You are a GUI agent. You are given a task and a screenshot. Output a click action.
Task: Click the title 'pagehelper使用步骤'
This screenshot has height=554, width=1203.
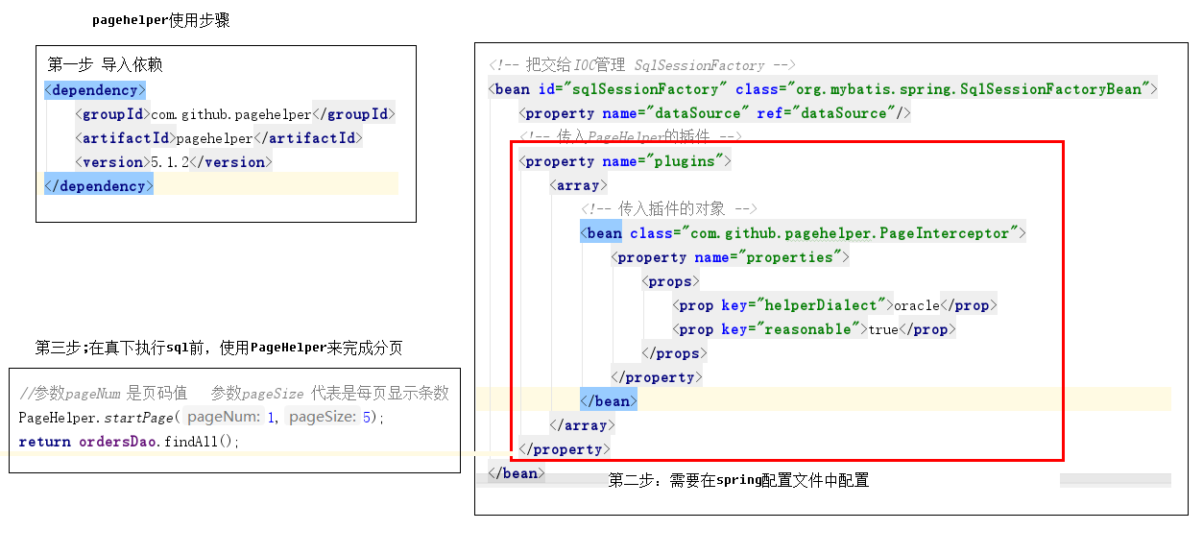click(161, 20)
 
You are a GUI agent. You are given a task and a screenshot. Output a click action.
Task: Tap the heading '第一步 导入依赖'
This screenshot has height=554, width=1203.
click(105, 64)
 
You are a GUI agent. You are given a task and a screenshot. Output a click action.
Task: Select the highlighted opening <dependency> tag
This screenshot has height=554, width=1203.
click(95, 89)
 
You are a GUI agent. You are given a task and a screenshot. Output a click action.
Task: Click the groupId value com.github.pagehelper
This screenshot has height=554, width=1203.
click(231, 114)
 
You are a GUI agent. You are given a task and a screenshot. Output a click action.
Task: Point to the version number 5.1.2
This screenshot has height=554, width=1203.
click(170, 162)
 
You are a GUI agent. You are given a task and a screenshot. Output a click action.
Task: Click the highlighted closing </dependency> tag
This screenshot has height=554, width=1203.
click(99, 185)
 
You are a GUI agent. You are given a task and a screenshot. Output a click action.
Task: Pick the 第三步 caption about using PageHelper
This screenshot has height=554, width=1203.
click(219, 348)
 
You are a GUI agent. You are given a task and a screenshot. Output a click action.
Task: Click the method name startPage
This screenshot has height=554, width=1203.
click(138, 418)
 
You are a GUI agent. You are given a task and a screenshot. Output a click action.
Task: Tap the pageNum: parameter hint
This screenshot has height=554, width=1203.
click(224, 417)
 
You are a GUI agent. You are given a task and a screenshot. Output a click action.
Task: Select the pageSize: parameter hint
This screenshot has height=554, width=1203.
click(323, 417)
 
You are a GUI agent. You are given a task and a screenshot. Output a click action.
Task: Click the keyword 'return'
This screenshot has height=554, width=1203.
click(44, 442)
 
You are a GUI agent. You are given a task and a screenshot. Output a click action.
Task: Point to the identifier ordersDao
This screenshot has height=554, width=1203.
click(118, 442)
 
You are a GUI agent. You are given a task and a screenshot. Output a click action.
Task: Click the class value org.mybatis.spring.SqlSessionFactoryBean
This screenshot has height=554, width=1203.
click(968, 89)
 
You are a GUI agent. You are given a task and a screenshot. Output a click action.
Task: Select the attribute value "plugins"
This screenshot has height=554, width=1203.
click(685, 161)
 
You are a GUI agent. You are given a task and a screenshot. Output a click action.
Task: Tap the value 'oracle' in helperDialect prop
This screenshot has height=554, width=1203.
click(917, 305)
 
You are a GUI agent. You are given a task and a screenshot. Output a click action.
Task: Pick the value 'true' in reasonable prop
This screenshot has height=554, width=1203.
click(883, 329)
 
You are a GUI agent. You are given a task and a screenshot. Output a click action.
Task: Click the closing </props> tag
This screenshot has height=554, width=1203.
click(674, 353)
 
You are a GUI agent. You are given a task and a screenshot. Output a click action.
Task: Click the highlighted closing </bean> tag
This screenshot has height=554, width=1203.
click(609, 401)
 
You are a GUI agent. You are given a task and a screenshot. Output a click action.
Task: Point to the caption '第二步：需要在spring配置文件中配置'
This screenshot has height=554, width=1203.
click(738, 480)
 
